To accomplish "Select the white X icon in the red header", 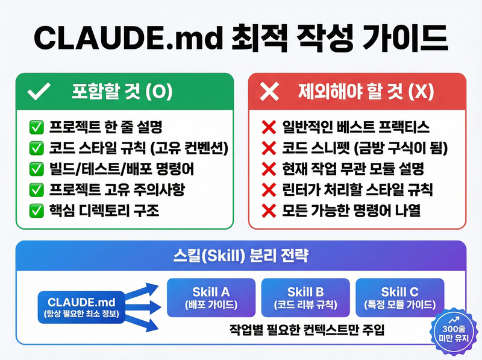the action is coord(269,92).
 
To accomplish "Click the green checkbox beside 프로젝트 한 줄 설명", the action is coord(36,127).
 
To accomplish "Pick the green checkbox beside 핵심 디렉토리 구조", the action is coord(36,211).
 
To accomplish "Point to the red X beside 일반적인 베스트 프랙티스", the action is coord(268,127).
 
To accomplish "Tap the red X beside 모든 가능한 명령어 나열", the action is coord(268,211).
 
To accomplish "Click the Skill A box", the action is coord(211,298).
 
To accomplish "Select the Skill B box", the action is coord(305,298).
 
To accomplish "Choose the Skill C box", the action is coord(400,298).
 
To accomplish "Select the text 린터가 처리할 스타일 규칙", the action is coord(357,191).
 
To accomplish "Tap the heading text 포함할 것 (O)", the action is coord(122,92).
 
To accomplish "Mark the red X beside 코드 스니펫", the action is coord(268,148).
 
